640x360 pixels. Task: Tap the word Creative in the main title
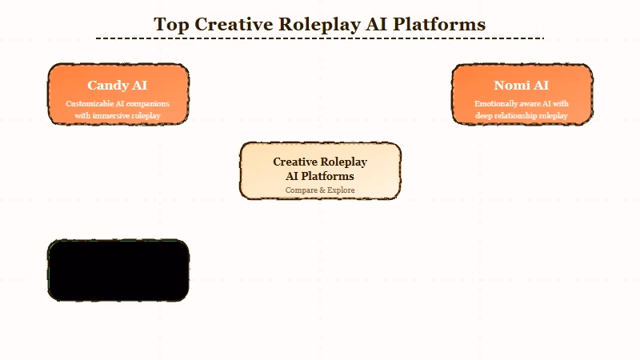(234, 24)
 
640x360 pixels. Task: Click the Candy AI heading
(118, 85)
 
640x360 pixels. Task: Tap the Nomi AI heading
(522, 85)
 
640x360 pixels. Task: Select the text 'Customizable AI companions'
(118, 104)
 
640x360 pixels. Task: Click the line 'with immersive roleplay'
(118, 116)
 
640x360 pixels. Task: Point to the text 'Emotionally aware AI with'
(522, 104)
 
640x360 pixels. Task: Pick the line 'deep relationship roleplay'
(522, 116)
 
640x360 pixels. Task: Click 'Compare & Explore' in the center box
(320, 190)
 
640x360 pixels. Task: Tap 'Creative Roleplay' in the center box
(320, 162)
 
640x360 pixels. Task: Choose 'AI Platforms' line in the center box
(320, 176)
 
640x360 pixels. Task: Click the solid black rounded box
(118, 270)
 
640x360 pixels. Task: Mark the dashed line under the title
(320, 38)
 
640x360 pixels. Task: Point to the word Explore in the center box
(340, 190)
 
